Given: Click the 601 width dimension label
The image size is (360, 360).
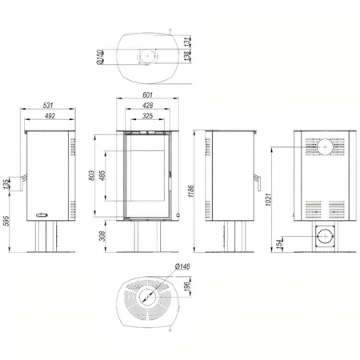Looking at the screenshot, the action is click(x=147, y=95).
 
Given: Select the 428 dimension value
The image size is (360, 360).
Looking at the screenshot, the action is click(x=147, y=106).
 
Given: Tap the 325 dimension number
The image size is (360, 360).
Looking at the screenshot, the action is click(x=147, y=116).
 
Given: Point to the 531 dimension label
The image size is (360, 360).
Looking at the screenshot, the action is click(x=48, y=106).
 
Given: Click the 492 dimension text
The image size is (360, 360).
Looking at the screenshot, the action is click(x=50, y=116).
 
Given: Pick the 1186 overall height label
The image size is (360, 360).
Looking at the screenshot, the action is click(x=191, y=191).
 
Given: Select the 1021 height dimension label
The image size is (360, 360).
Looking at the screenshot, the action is click(x=269, y=199).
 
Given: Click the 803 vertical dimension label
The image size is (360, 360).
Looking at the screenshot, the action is click(x=91, y=175).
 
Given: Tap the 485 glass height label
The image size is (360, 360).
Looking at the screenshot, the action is click(x=102, y=175).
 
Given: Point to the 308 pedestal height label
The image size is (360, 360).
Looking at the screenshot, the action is click(x=102, y=236).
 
